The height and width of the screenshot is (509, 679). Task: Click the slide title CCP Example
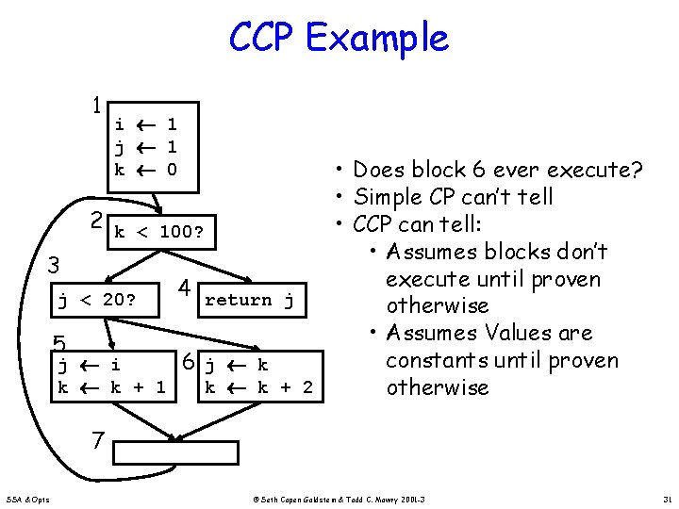tap(339, 38)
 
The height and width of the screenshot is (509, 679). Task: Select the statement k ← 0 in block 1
tap(145, 170)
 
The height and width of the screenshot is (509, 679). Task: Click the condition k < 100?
tap(165, 231)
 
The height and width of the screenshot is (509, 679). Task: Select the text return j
tap(249, 300)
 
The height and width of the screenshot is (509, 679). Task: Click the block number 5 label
tap(58, 344)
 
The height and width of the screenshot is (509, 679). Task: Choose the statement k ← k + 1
tap(111, 386)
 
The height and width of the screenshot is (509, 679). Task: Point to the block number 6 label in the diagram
tap(189, 362)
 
